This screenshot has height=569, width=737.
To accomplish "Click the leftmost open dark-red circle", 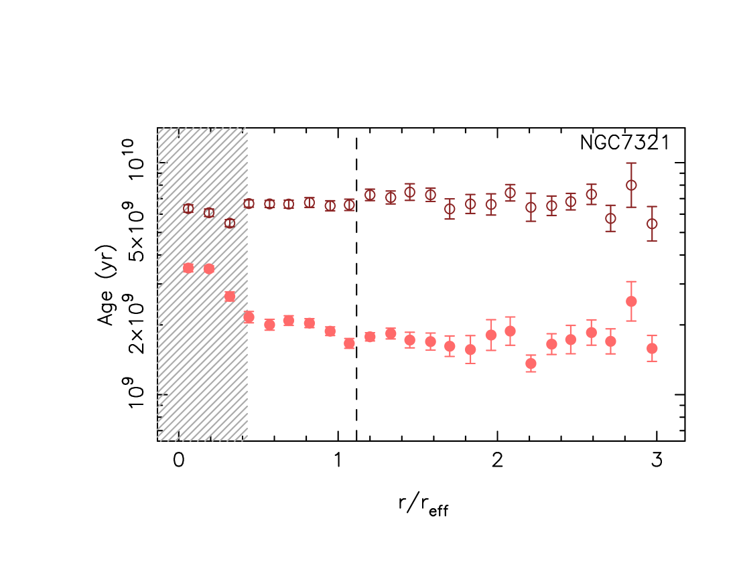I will click(188, 209).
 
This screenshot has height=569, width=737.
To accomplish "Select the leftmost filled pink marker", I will click(188, 268).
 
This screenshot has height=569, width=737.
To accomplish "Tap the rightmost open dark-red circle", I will click(652, 224).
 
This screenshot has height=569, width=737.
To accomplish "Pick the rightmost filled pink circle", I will click(652, 348).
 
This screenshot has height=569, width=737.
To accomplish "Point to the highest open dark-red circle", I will click(631, 185).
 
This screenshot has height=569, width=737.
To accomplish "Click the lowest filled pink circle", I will click(531, 363).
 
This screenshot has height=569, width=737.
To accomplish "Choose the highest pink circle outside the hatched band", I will click(631, 301).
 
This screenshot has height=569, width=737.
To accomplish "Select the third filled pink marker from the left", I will click(230, 296).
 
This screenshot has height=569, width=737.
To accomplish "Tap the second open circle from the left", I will click(209, 213).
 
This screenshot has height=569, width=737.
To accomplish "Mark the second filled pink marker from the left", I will click(209, 268).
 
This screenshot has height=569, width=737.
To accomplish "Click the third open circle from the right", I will click(610, 218).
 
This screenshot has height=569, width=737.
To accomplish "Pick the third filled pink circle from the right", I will click(610, 341).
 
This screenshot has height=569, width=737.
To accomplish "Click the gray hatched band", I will click(201, 375).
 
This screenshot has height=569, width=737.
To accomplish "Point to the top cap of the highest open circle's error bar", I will click(631, 163).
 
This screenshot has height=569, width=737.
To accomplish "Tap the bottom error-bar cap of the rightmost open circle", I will click(652, 241).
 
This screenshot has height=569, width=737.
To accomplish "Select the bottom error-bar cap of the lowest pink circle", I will click(531, 372).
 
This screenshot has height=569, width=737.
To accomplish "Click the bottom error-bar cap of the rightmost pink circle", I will click(652, 361).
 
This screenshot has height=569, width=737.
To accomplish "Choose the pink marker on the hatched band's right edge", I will click(249, 317).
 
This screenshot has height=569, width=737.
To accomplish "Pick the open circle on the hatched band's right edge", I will click(249, 203).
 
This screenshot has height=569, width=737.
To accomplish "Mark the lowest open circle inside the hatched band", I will click(230, 223).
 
